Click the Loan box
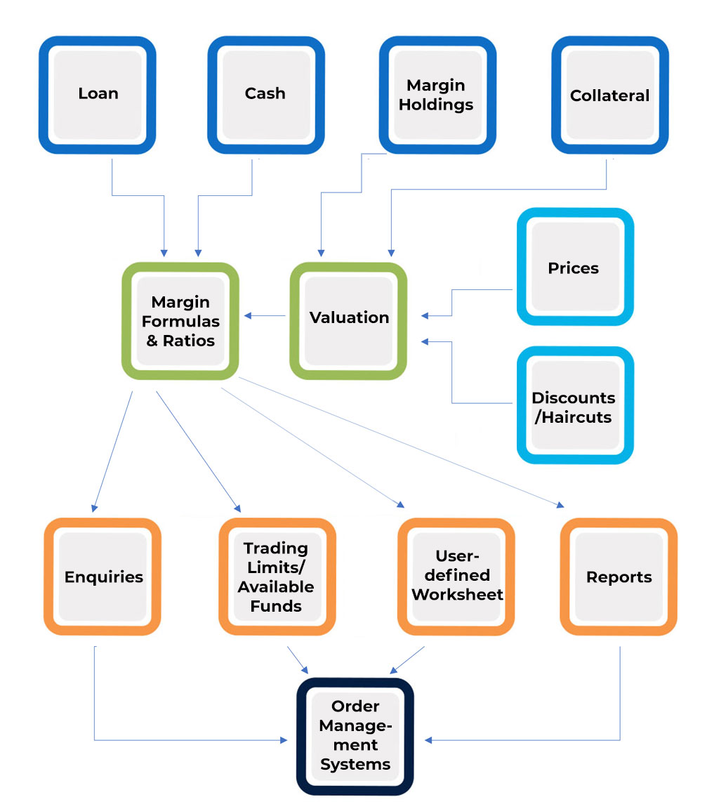[97, 94]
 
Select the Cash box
[265, 94]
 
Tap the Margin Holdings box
[437, 95]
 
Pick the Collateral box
[609, 95]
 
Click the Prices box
[574, 268]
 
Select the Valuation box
[348, 320]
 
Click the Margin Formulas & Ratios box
[180, 321]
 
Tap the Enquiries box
[103, 577]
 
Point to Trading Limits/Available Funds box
[276, 577]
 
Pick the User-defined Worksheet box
[457, 577]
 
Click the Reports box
[619, 577]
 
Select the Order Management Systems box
[355, 736]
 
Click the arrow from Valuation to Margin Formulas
[264, 317]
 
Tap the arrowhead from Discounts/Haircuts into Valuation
[425, 341]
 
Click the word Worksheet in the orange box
[457, 595]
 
